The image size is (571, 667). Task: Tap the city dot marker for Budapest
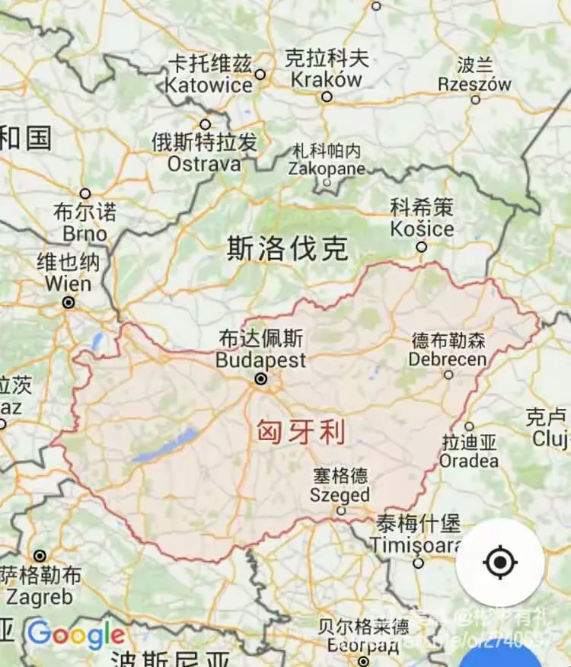261,378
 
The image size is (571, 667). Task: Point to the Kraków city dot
327,97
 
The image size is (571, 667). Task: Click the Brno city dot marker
85,193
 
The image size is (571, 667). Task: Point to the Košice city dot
421,247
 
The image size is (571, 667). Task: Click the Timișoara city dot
418,563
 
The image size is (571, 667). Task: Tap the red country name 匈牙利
301,433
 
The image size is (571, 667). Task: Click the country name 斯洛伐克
288,249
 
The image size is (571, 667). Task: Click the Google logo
76,633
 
